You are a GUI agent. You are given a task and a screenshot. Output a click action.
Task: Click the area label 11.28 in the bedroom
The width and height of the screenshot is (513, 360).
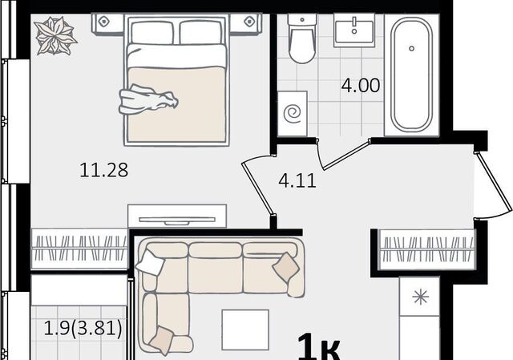103,170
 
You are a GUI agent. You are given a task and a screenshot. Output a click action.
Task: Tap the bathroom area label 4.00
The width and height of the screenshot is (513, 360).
361,86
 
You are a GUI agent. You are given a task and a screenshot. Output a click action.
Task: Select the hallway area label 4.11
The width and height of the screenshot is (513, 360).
297,180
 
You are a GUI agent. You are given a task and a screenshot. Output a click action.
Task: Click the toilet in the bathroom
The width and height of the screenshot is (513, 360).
302,38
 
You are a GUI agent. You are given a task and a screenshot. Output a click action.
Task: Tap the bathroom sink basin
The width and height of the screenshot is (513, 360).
354,31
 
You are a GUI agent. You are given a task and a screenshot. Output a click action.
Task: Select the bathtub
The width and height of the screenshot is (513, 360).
411,75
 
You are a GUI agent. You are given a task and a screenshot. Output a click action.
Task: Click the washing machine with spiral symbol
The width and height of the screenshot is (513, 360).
293,114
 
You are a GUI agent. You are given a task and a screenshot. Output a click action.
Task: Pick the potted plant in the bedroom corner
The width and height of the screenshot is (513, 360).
55,35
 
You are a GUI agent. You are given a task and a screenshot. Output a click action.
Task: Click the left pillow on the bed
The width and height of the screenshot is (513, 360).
152,32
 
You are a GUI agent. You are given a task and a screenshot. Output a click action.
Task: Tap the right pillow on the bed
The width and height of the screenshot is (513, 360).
200,32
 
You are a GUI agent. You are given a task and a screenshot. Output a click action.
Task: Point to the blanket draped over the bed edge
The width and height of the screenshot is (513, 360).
148,99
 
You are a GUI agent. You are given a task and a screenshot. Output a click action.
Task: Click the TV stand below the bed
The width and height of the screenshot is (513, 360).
177,216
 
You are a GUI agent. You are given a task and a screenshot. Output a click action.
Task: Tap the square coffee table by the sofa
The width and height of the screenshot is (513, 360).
245,330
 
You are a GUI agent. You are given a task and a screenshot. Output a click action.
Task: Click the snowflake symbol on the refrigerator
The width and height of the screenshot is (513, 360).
420,297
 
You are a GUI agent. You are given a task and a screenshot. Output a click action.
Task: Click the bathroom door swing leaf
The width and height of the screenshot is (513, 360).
347,155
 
